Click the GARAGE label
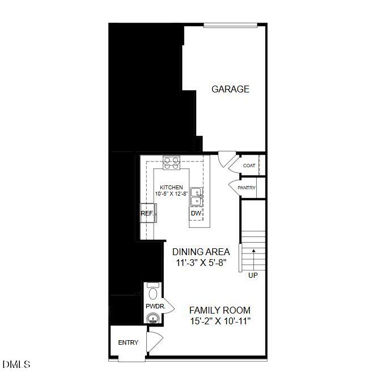tap(230, 89)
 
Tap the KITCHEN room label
tap(171, 187)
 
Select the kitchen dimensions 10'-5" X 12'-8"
tap(171, 194)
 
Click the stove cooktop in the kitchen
tap(171, 163)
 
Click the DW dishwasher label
tap(196, 214)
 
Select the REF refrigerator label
tap(146, 214)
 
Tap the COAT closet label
tap(249, 166)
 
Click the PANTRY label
tap(247, 188)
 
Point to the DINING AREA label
tap(201, 252)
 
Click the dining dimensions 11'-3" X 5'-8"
tap(201, 263)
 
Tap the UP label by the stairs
tap(253, 276)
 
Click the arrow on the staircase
tap(254, 251)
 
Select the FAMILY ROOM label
tap(220, 310)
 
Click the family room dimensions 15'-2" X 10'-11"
tap(220, 321)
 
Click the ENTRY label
tap(128, 342)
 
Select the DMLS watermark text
tap(16, 364)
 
